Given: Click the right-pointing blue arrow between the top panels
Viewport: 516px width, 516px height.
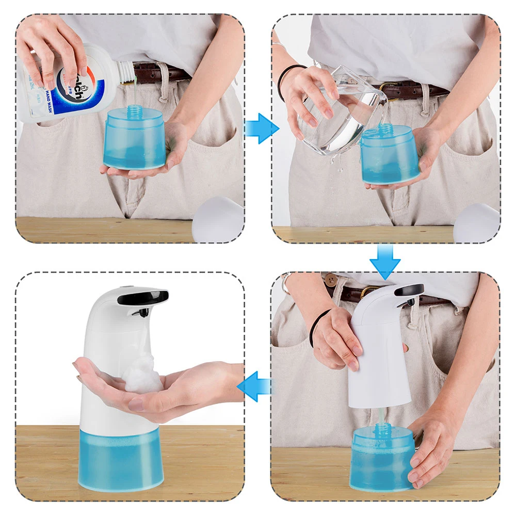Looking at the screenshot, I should pyautogui.click(x=261, y=128).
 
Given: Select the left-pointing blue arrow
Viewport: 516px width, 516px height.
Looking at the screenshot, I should pyautogui.click(x=254, y=386).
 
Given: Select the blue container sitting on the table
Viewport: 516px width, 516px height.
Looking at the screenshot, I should pyautogui.click(x=382, y=459).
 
